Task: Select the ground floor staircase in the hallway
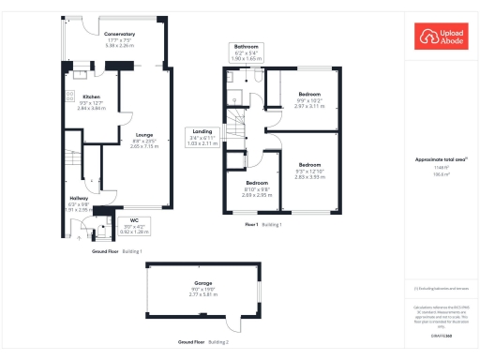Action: click(67, 168)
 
